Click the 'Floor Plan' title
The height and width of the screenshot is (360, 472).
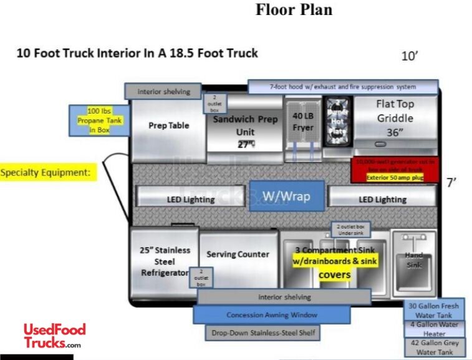(294, 10)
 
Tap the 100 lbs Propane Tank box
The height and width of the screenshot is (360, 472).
(100, 120)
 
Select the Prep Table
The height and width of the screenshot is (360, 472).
(168, 125)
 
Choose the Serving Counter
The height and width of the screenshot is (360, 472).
(238, 254)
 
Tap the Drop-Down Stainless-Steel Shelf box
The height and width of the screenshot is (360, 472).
(263, 333)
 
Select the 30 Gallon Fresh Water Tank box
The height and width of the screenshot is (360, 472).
(433, 310)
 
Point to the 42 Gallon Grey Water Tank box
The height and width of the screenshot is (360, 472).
(433, 348)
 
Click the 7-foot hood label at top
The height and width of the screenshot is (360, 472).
(343, 87)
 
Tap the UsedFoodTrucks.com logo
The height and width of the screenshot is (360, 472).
(54, 336)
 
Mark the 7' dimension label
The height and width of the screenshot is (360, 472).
(452, 183)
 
